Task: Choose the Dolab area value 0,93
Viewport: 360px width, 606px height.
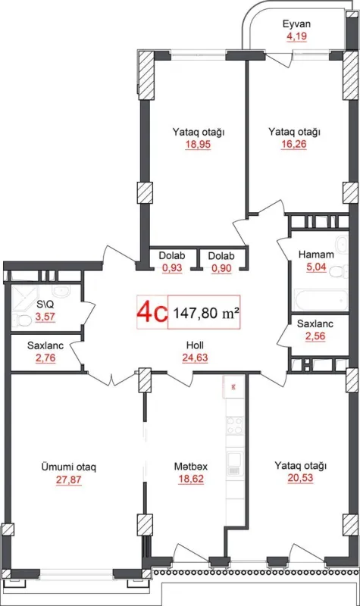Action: (171, 268)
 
